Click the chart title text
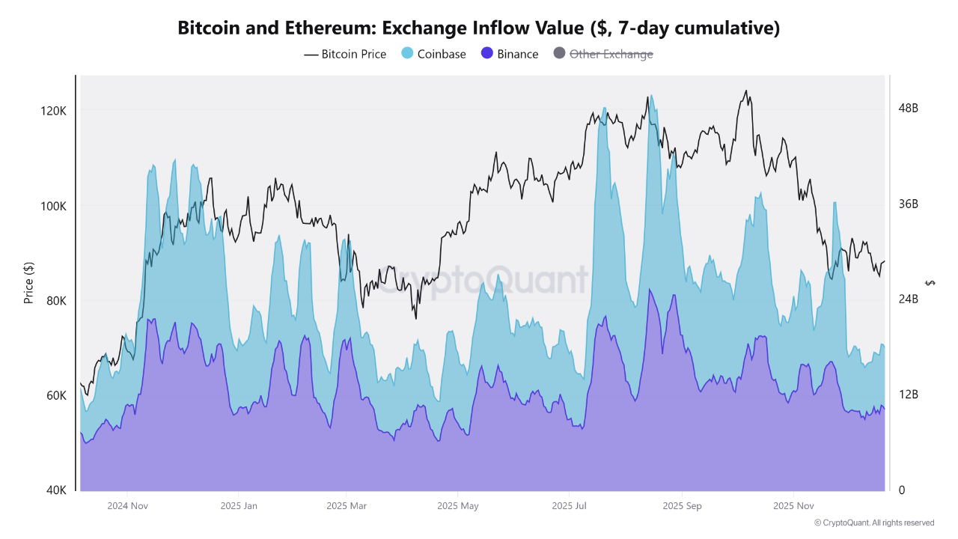[479, 28]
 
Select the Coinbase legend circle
[407, 54]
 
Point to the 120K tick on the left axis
[53, 111]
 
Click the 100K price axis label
[53, 206]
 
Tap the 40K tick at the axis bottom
[55, 490]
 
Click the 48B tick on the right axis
[908, 109]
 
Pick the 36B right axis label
[908, 204]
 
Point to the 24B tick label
[908, 299]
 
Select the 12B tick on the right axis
[908, 395]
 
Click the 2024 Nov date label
[127, 506]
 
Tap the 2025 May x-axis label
[458, 506]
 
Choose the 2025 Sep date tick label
[682, 506]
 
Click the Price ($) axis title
[29, 283]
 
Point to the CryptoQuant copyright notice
[873, 523]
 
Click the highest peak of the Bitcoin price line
[745, 91]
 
